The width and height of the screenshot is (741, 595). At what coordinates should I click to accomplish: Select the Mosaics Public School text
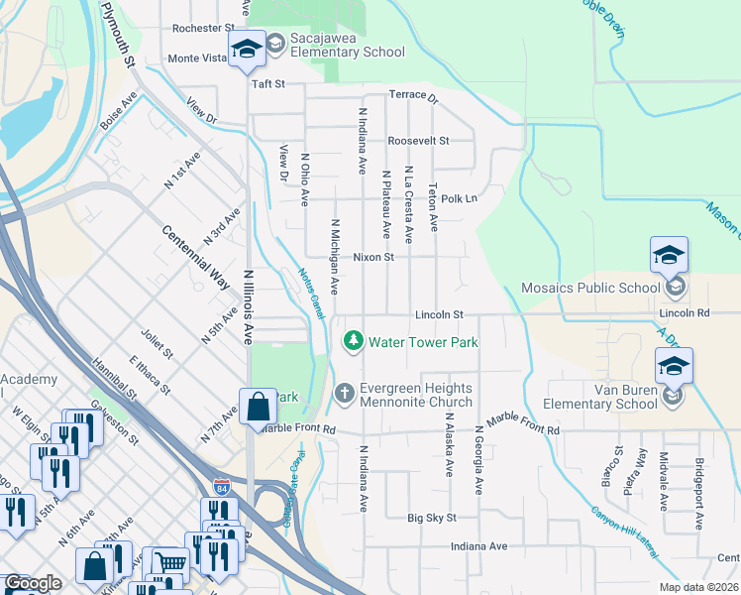coord(590,289)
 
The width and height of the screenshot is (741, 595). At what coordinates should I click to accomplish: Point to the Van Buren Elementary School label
coord(600,397)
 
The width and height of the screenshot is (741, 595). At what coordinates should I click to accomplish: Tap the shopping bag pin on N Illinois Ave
coord(258,406)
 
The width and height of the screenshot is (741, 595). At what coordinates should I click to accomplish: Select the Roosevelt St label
coord(418,141)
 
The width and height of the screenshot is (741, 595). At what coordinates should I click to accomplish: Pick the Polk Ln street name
coord(459,198)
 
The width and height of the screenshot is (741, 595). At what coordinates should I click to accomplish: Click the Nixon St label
coord(373,257)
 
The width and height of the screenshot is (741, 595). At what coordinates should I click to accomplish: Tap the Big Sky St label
coord(432,518)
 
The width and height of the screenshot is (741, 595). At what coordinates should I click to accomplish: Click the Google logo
coord(33,583)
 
